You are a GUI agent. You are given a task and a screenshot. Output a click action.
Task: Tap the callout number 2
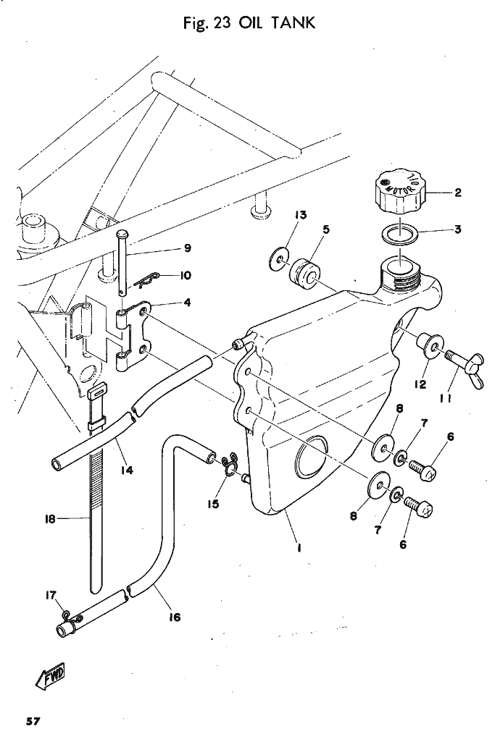[x=458, y=193]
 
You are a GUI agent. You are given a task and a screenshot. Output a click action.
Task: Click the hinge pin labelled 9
[x=123, y=261]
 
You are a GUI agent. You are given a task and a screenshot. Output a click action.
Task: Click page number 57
[x=33, y=721]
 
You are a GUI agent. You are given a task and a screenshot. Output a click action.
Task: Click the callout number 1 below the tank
[x=299, y=547]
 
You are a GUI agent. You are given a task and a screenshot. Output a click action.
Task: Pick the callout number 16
[x=174, y=617]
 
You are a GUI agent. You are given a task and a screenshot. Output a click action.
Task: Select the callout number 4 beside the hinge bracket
[x=187, y=303]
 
